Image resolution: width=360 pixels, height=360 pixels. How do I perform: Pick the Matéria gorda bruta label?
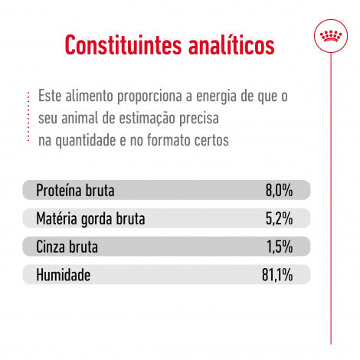point(90,219)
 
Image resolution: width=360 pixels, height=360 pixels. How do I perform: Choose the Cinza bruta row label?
point(67,247)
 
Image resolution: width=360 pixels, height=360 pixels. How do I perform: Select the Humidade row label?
point(65,274)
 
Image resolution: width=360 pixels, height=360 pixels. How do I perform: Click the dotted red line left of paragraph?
point(28,119)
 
